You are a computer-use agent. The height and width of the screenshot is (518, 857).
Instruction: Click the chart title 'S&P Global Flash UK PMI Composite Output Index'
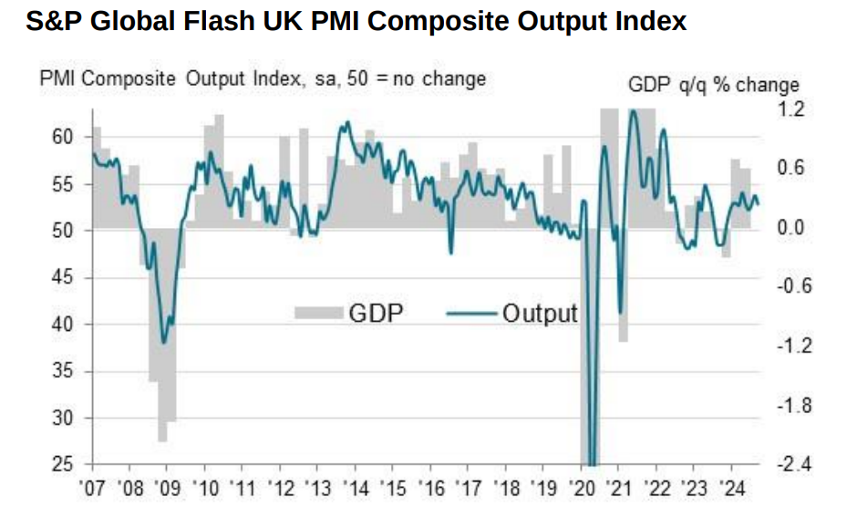(356, 22)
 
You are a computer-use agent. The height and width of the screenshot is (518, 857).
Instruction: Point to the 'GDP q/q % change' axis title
(714, 85)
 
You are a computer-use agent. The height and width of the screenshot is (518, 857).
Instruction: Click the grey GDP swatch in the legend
(319, 314)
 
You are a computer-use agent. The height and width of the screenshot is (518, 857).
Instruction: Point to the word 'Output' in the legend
(540, 314)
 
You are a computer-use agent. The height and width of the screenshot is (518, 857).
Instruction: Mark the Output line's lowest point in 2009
(163, 343)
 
